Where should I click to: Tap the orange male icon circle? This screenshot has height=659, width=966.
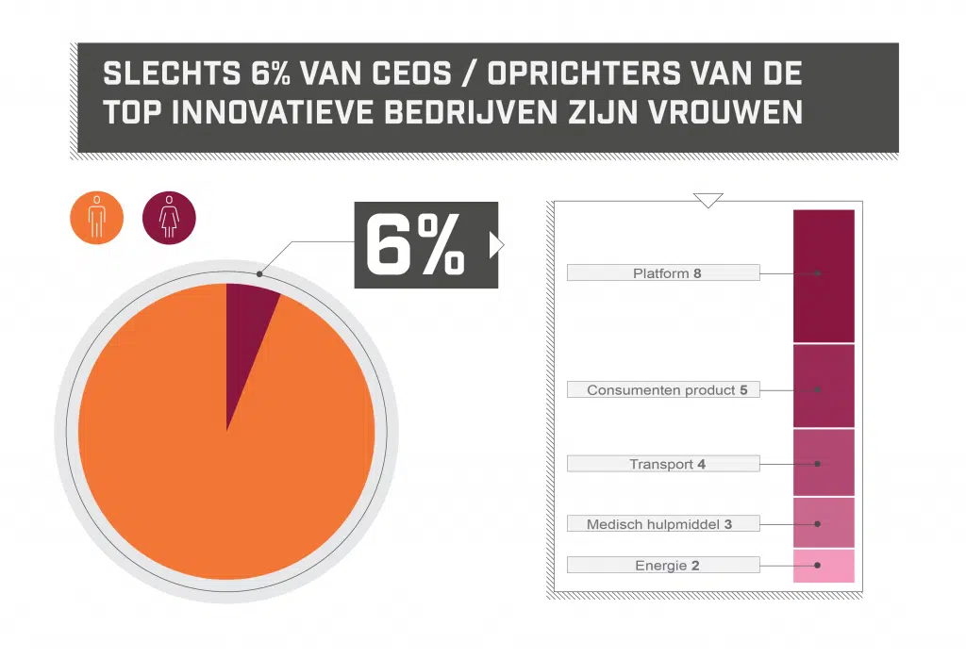97,218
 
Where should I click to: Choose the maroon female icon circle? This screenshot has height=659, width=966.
169,218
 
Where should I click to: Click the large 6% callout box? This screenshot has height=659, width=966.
425,245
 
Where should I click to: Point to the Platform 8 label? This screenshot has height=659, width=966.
663,273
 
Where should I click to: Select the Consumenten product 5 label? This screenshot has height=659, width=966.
663,389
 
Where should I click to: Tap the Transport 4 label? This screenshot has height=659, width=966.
663,464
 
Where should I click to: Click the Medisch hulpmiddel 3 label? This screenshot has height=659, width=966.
663,523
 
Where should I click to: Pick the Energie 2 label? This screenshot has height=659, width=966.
663,566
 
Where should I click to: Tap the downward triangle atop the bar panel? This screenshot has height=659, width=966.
708,200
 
